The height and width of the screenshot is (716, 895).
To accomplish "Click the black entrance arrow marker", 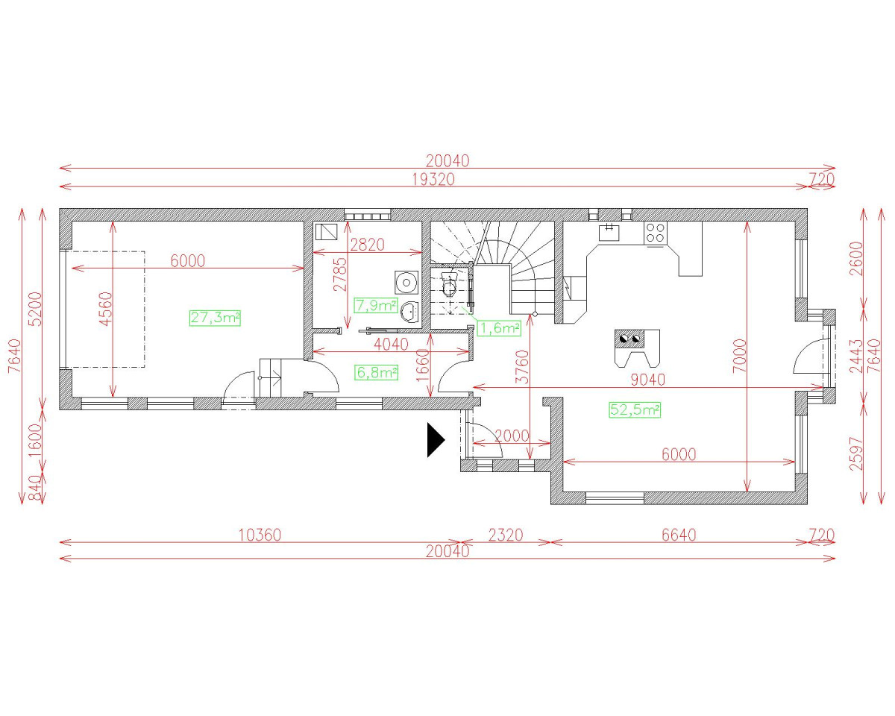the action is (x=435, y=440).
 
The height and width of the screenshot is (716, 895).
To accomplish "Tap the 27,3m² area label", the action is (x=215, y=318).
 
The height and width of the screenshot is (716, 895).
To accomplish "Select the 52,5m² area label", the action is (x=635, y=409).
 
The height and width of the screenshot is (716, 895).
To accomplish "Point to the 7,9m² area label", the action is (x=376, y=305).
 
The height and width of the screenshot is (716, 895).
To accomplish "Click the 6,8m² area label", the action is (x=377, y=372).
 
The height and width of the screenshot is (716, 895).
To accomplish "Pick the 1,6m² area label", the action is (x=499, y=328).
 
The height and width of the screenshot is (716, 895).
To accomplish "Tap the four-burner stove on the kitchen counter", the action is (x=656, y=233).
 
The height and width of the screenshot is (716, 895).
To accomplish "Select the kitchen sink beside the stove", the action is (x=609, y=232).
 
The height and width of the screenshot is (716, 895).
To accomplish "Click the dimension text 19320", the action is (x=433, y=179).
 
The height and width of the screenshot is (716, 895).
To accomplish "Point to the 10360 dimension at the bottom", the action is (x=260, y=535).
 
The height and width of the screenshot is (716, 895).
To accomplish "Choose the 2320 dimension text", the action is (x=506, y=535).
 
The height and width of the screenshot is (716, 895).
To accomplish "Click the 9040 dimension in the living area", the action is (x=648, y=380).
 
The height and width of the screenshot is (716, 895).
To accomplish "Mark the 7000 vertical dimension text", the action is (x=739, y=356).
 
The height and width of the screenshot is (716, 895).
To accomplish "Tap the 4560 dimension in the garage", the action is (x=106, y=309).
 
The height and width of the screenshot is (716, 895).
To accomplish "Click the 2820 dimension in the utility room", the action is (x=367, y=245).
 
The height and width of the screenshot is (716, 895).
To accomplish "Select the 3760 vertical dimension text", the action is (x=521, y=366).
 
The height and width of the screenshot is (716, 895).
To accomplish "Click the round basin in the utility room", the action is (x=406, y=283).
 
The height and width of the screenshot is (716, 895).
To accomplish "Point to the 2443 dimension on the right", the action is (x=856, y=356).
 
